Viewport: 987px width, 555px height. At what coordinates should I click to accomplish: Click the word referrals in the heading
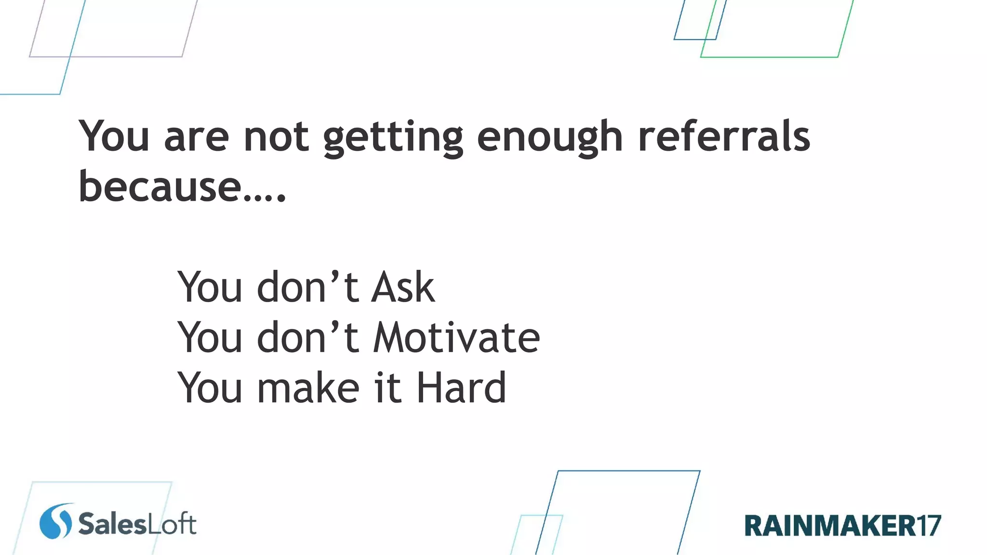(724, 137)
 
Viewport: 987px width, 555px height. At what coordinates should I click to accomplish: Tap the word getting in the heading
(393, 139)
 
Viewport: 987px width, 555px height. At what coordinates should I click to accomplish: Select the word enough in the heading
(550, 139)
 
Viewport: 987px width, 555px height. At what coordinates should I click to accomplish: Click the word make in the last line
(308, 388)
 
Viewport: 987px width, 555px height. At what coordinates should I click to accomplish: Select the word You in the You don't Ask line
(210, 288)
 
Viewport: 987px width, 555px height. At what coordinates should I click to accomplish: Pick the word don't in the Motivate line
(308, 338)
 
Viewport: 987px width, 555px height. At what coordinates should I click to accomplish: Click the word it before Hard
(387, 388)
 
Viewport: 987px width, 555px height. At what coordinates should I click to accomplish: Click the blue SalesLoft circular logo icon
(56, 521)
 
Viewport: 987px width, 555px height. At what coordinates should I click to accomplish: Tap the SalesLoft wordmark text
(137, 524)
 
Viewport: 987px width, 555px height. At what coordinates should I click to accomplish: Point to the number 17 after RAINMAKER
(928, 526)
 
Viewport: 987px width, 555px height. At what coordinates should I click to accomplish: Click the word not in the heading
(276, 137)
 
